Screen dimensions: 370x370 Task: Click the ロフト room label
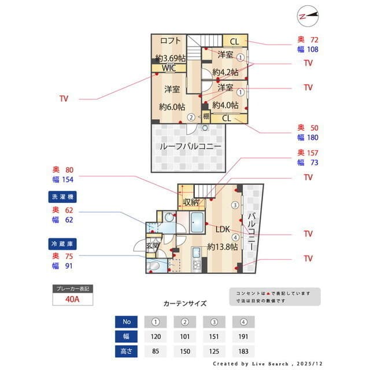(171, 40)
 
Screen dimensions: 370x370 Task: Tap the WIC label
(169, 68)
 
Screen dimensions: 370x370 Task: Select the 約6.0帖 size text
(172, 107)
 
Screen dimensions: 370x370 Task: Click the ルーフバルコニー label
(190, 146)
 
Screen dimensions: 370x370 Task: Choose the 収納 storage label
(191, 202)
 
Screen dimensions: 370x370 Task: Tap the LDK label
(223, 230)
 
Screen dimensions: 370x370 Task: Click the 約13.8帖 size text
(223, 247)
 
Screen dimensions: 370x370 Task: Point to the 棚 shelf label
(206, 116)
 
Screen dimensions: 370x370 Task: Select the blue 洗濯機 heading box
(65, 197)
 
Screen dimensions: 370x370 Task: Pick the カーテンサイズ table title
(184, 303)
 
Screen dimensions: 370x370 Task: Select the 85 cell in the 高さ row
(155, 350)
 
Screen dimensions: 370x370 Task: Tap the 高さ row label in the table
(126, 350)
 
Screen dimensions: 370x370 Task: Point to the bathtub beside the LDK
(196, 222)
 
